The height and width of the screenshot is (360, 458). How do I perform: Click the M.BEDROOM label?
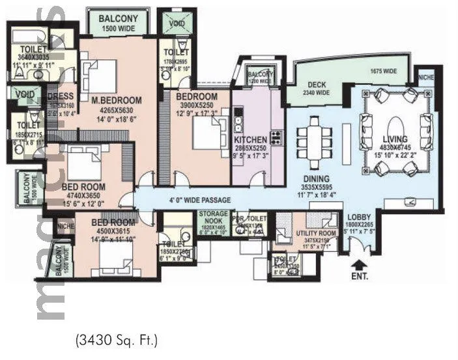coord(117,100)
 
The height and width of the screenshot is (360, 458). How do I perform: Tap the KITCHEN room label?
coord(250,139)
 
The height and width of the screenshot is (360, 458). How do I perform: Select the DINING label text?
coord(315,180)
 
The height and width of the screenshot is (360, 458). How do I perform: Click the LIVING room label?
coord(395,139)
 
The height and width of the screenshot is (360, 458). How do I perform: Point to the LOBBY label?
coord(359,217)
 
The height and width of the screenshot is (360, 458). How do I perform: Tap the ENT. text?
coord(359,275)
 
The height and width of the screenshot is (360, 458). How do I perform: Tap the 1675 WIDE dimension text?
coord(383,71)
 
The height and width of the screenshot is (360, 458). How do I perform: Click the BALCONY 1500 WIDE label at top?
coord(118,20)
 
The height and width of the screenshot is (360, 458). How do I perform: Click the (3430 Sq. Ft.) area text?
coord(116,339)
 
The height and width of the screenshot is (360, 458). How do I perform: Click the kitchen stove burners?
coord(276,137)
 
